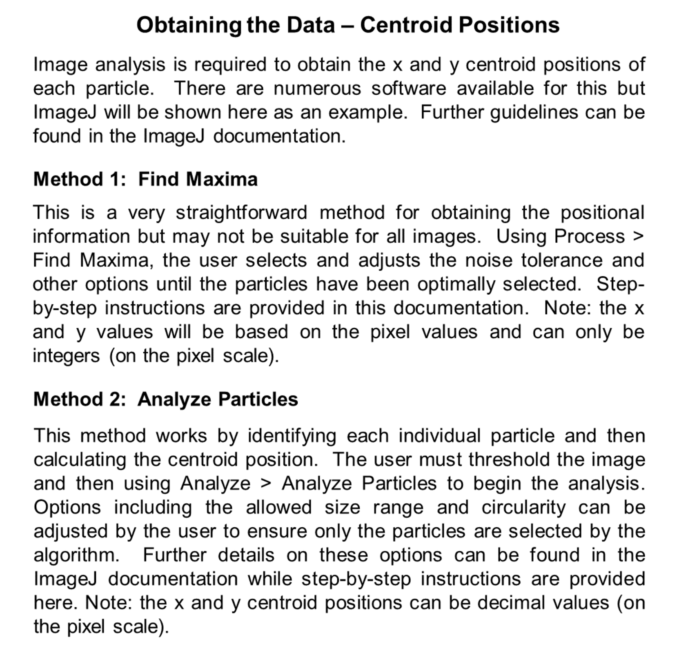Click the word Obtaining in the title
(189, 25)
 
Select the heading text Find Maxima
(198, 179)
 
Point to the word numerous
(317, 89)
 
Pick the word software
(409, 89)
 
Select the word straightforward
(241, 213)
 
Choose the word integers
(66, 356)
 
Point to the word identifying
(292, 436)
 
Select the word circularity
(523, 507)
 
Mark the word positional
(602, 213)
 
